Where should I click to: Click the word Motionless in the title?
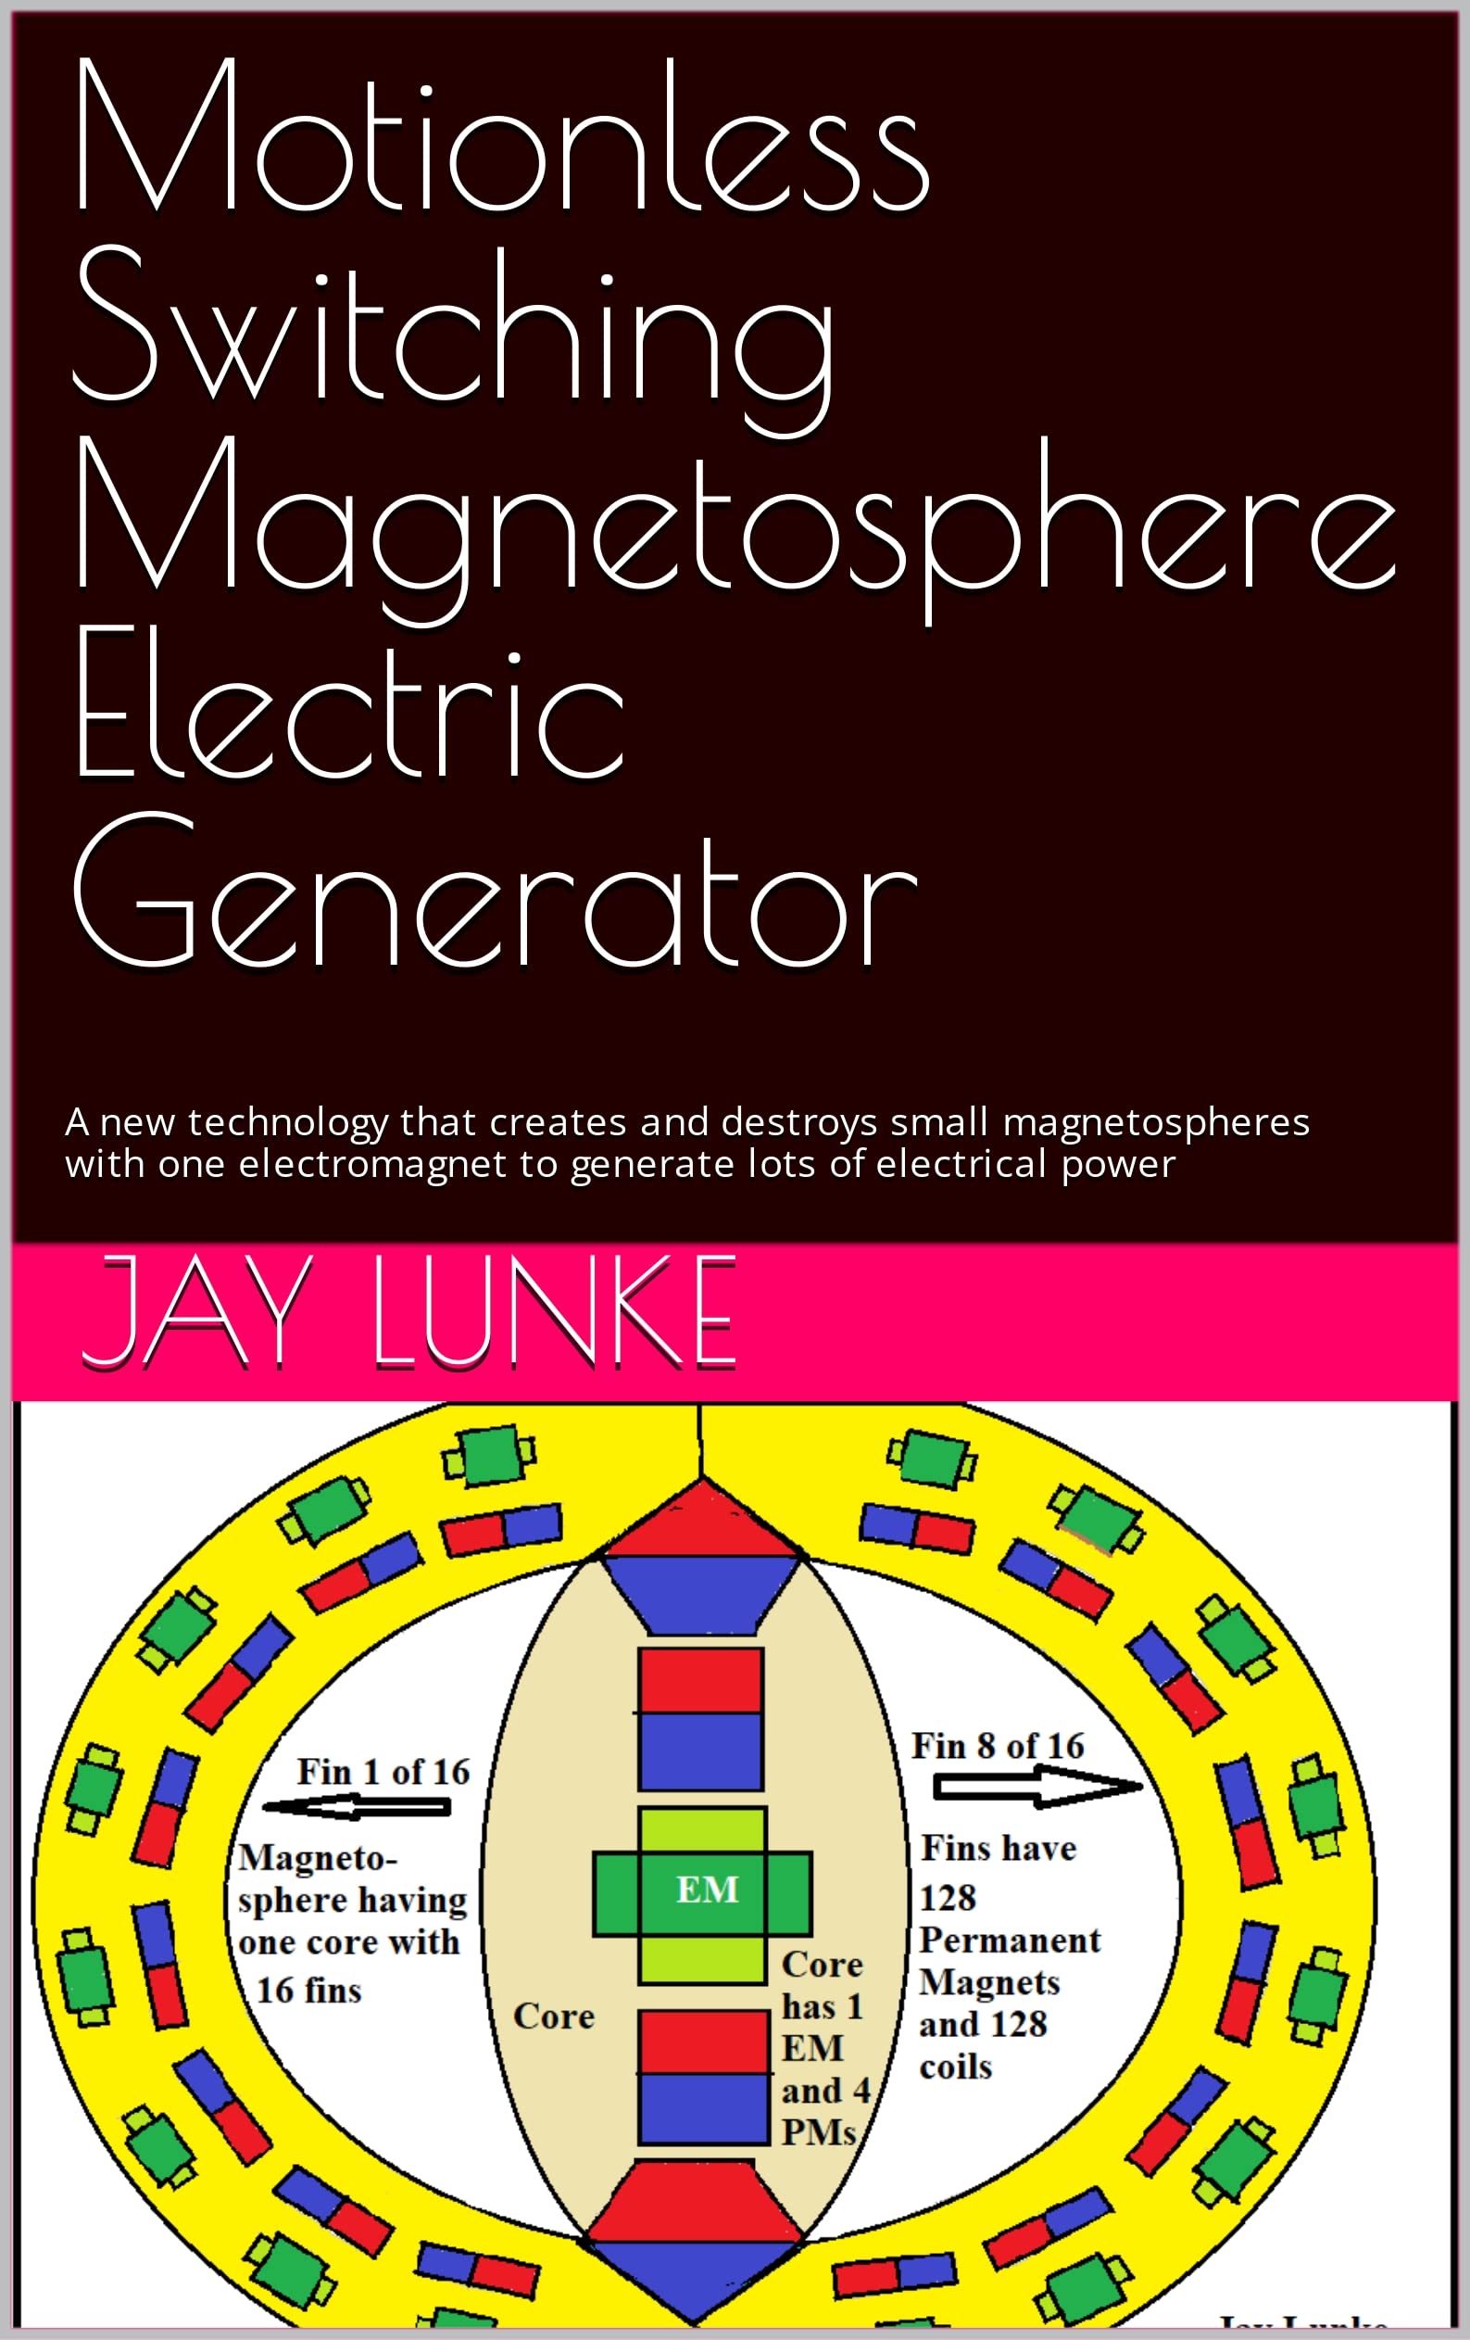tap(500, 136)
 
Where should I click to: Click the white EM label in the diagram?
tap(708, 1891)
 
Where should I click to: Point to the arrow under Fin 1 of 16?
tap(358, 1807)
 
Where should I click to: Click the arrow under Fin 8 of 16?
tap(1036, 1787)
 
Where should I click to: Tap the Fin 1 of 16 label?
tap(383, 1772)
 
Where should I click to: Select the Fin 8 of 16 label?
tap(997, 1745)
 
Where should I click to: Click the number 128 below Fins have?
tap(948, 1898)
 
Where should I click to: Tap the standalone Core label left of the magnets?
tap(554, 2016)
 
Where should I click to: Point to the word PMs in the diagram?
tap(818, 2132)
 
